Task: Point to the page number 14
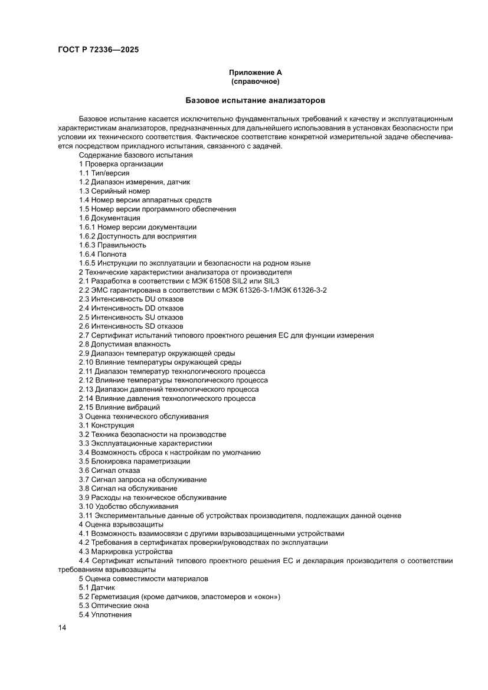(62, 627)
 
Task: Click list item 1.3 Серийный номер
(114, 191)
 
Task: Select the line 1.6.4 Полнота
(103, 254)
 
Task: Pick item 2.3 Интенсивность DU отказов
(131, 299)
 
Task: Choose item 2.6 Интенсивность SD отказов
(131, 326)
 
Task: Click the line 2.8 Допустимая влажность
(125, 344)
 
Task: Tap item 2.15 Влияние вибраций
(119, 407)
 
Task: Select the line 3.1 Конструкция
(106, 426)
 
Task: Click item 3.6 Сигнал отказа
(109, 470)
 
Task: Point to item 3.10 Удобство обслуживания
(128, 506)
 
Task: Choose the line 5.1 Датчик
(97, 588)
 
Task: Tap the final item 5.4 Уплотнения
(105, 615)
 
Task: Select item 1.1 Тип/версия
(104, 173)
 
